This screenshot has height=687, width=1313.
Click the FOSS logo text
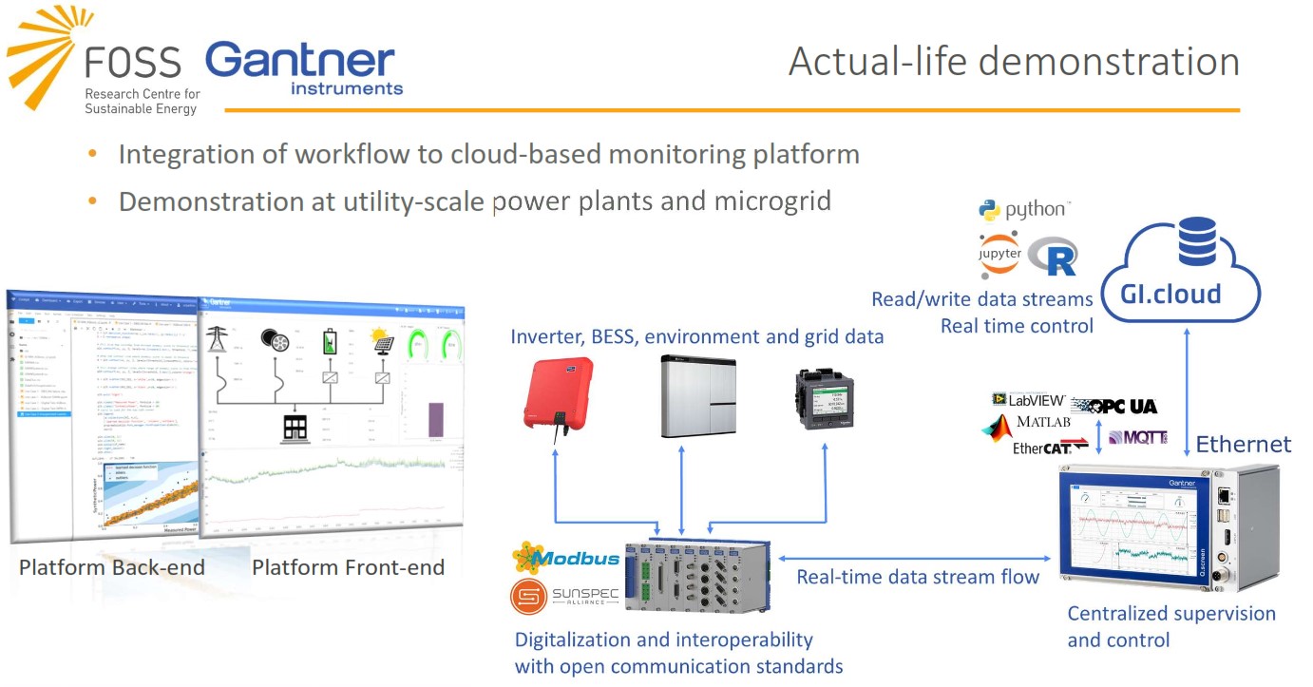tap(132, 63)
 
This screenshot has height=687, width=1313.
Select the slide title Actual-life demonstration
tap(1014, 62)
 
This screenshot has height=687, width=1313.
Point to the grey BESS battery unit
tap(698, 395)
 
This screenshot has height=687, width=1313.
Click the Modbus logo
tap(566, 557)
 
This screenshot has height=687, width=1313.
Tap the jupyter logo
tap(999, 254)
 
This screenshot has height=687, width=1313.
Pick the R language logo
tap(1053, 258)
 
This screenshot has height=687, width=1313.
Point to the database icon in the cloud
tap(1196, 241)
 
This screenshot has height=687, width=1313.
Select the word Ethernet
tap(1243, 444)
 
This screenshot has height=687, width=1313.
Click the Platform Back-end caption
tap(112, 568)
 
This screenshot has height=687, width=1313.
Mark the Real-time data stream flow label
tap(918, 577)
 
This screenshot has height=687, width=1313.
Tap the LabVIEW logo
tap(1028, 400)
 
